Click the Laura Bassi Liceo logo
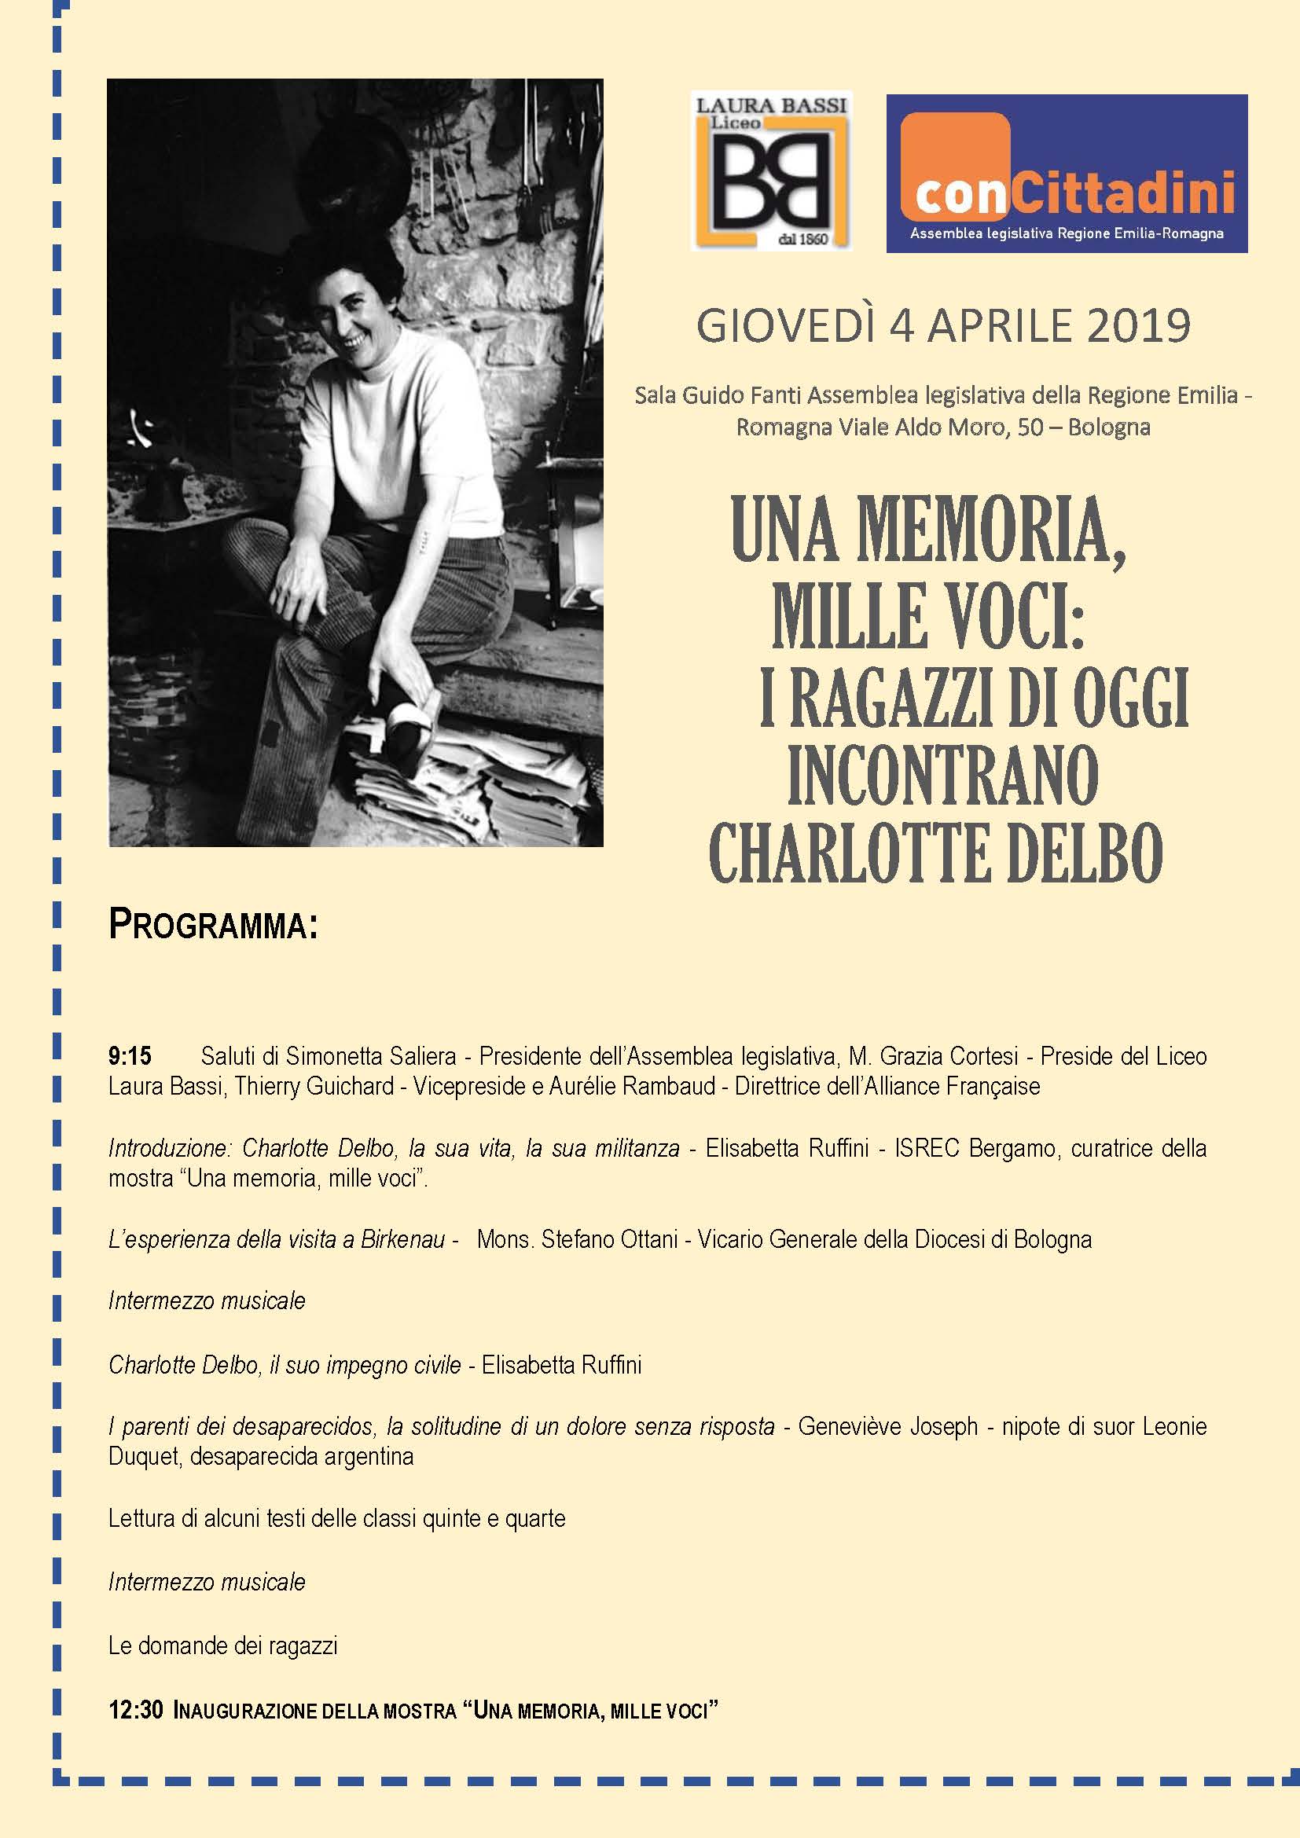[770, 171]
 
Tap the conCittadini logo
[1067, 174]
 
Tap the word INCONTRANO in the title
[942, 775]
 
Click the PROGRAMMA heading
[213, 926]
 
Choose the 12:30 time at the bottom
[136, 1711]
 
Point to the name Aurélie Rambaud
[632, 1086]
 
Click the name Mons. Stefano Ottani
[577, 1240]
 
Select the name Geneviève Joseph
[887, 1426]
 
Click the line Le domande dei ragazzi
[222, 1646]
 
